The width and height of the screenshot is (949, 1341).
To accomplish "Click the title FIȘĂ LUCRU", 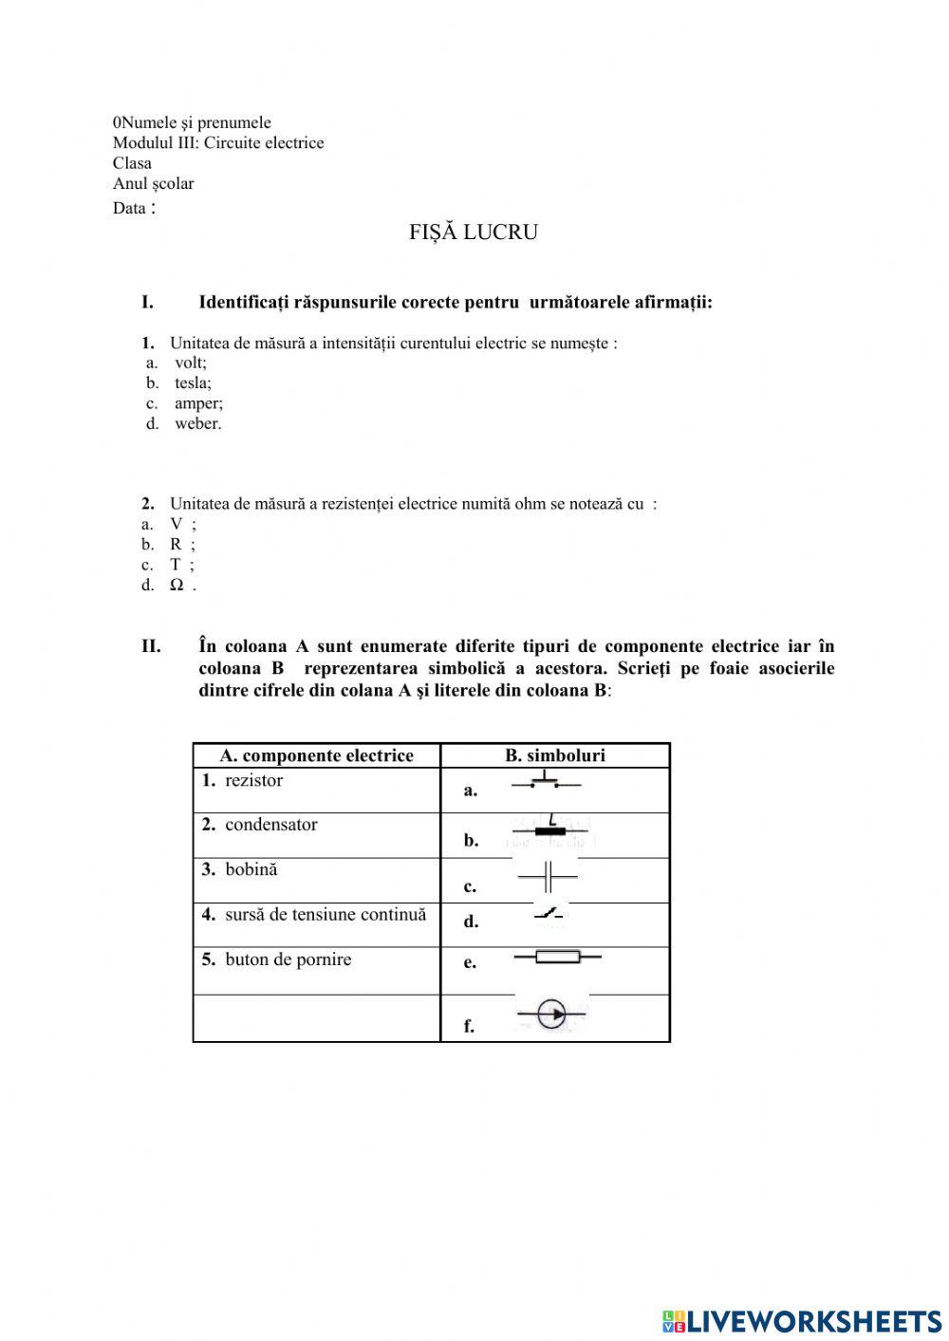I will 474,233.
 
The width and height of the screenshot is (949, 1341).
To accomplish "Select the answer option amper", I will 198,403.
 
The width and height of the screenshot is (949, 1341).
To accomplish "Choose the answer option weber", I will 197,423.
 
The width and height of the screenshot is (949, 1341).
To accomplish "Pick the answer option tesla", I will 193,383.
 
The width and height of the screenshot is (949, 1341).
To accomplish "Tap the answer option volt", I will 190,363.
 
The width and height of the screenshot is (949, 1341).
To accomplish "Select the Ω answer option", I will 177,585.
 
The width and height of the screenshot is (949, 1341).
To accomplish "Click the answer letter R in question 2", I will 176,544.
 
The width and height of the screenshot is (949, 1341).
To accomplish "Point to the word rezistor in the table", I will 253,780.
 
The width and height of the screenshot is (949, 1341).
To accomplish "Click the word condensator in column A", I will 270,825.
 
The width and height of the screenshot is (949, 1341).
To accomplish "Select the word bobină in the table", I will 251,869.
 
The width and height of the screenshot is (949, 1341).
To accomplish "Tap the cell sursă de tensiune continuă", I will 325,915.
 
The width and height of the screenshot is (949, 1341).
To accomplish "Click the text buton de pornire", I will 288,959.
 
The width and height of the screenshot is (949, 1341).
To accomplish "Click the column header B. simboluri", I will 555,755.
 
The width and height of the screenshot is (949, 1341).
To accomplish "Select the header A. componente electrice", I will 316,755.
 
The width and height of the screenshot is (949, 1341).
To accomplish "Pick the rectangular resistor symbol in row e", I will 557,957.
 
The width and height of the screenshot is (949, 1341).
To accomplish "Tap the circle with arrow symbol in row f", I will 551,1015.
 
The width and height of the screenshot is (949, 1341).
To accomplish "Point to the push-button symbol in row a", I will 546,781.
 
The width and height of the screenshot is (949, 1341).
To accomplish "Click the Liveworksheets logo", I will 802,1320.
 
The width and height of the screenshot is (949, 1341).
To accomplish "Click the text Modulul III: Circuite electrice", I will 218,142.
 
